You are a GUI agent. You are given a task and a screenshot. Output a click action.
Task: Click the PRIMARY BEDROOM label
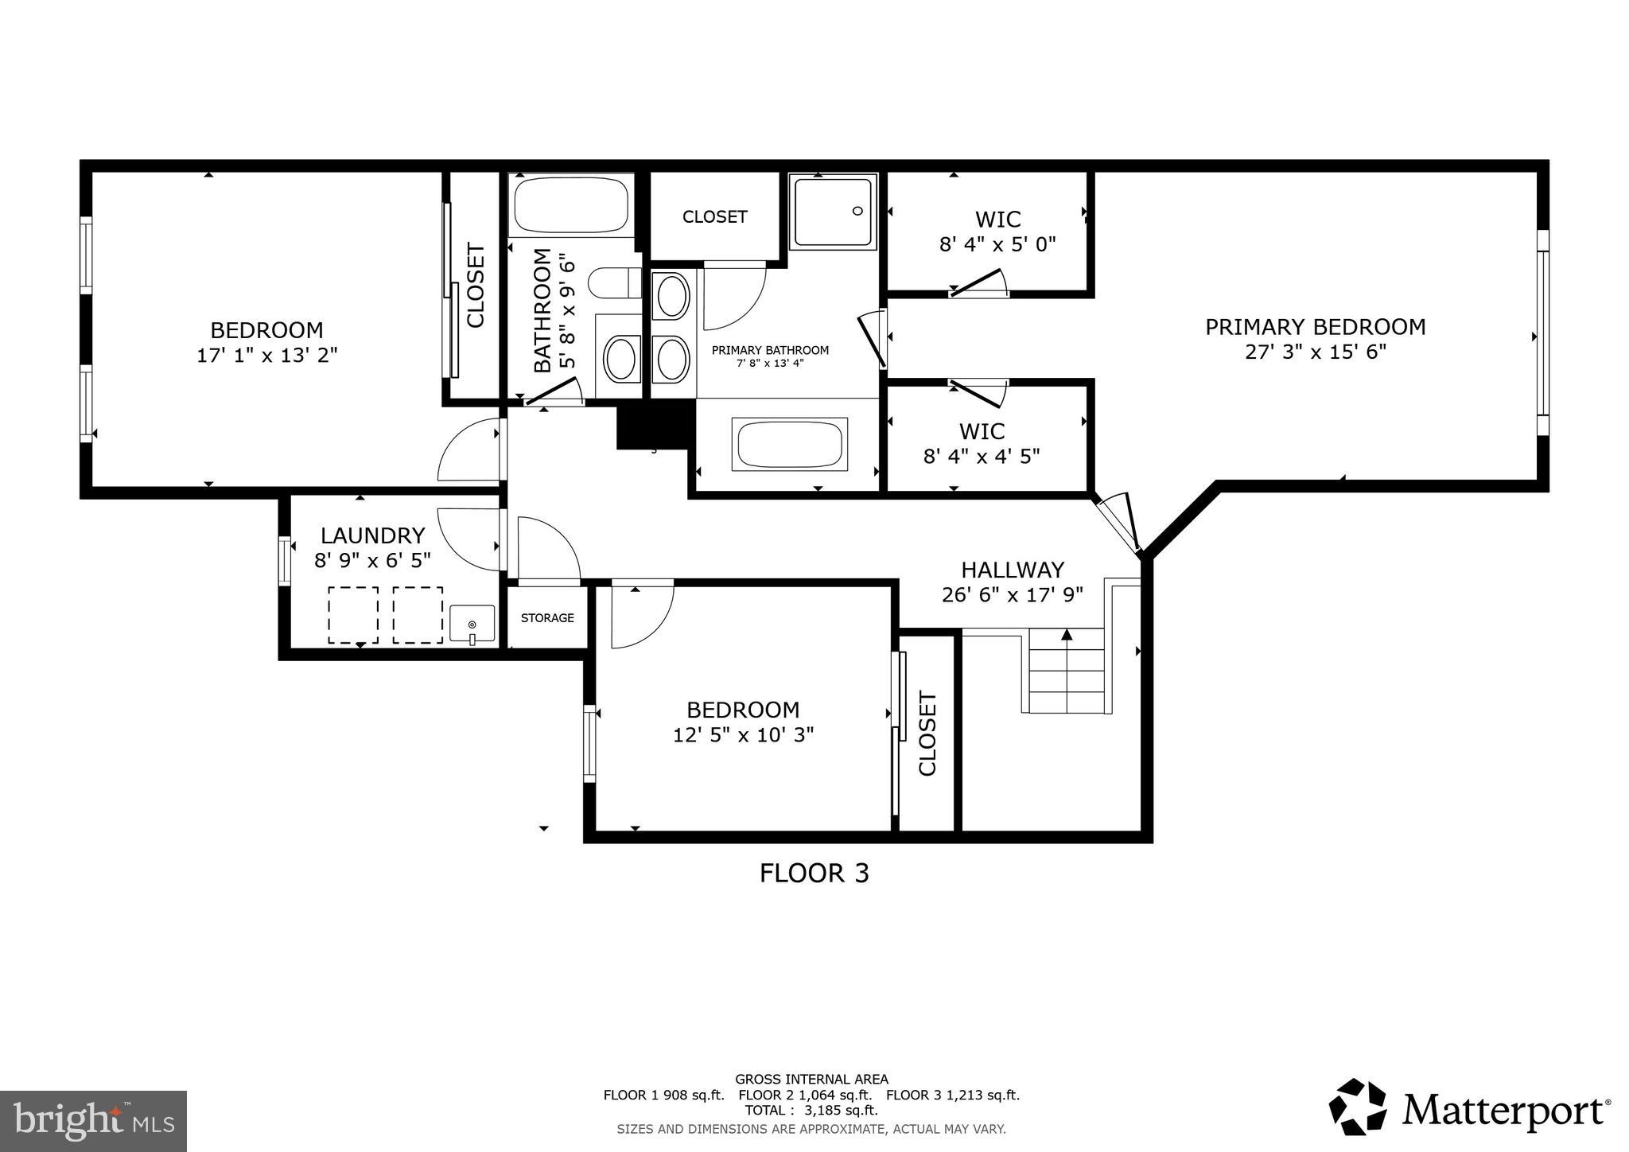[x=1315, y=327]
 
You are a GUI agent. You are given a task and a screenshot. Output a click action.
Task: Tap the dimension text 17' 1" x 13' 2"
[x=266, y=355]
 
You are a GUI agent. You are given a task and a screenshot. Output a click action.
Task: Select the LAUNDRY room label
[x=372, y=535]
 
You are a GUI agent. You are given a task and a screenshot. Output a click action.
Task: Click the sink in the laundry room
[x=472, y=624]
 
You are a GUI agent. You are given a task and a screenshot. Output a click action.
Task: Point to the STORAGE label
[x=547, y=618]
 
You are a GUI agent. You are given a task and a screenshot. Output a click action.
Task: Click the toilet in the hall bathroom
[x=615, y=282]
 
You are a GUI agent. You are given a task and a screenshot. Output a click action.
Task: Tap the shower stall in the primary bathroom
[x=833, y=212]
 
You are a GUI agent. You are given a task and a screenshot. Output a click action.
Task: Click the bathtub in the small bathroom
[x=571, y=204]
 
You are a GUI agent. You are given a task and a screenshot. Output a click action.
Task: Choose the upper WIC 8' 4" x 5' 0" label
[x=997, y=231]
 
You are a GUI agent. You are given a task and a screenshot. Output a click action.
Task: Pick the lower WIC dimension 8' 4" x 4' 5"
[x=982, y=457]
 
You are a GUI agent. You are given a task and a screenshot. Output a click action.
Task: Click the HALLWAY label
[x=1012, y=570]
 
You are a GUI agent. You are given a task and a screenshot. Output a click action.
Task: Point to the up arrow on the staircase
[x=1067, y=635]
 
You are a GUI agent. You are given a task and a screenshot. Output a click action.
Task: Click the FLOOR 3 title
[x=814, y=874]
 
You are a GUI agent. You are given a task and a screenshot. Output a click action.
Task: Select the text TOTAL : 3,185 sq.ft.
[x=811, y=1111]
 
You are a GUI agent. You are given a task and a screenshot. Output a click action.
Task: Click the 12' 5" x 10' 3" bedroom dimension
[x=743, y=734]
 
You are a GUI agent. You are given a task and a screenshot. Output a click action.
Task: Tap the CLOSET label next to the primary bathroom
[x=714, y=217]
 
